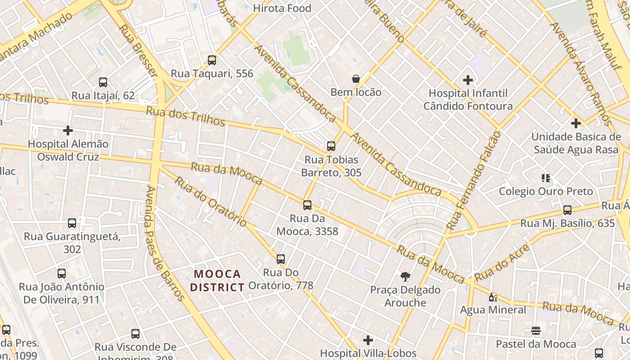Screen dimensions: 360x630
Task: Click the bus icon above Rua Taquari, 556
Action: (212, 60)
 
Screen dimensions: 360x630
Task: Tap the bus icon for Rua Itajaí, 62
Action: (103, 82)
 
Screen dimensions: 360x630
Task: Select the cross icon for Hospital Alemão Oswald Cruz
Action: (68, 130)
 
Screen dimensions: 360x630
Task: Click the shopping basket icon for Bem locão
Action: (356, 79)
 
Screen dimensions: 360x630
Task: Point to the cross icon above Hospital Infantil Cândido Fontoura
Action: (468, 80)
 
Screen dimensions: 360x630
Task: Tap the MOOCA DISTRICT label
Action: (217, 280)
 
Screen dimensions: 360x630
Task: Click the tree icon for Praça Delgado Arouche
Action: (405, 276)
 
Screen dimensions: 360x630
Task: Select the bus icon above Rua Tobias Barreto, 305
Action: (331, 146)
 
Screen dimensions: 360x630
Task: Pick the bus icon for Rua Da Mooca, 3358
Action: (307, 205)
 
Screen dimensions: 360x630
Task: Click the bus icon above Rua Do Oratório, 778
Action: (281, 259)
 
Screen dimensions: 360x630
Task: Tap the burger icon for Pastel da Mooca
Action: (535, 331)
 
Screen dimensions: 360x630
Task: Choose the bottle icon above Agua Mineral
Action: (493, 297)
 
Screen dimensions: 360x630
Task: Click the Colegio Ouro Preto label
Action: (546, 191)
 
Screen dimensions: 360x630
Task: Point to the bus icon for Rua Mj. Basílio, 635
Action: (567, 210)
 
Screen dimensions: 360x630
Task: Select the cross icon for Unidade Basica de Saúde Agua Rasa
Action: (576, 123)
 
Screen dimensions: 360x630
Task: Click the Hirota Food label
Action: (282, 8)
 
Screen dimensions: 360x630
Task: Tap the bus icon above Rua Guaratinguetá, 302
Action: (72, 223)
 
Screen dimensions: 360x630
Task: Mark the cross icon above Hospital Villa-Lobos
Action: (368, 340)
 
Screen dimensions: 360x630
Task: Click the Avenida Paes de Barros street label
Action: (165, 243)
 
